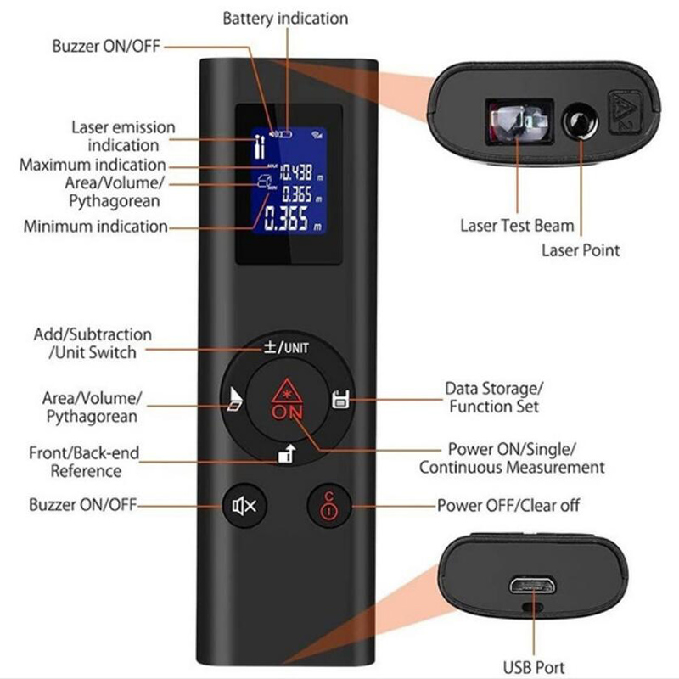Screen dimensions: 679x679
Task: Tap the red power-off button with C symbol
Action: tap(328, 507)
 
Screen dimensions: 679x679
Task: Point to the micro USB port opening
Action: tap(532, 586)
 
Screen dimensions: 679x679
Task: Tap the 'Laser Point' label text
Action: tap(581, 250)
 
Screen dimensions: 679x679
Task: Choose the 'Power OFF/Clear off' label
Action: tap(508, 506)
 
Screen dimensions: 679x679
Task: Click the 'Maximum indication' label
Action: tap(93, 165)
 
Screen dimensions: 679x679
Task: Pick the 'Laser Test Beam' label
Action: tap(517, 226)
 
